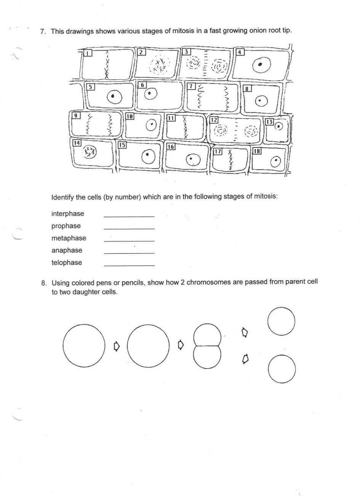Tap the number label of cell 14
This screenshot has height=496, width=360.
(x=77, y=143)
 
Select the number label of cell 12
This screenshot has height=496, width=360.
(x=214, y=120)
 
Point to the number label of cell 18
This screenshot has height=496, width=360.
(x=257, y=151)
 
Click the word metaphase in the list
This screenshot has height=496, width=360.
(x=69, y=238)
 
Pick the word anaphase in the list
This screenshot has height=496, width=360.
(x=67, y=250)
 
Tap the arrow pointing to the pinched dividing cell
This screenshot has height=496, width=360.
(x=181, y=345)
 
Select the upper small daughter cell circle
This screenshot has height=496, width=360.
(x=281, y=321)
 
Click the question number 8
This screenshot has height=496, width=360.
(x=44, y=283)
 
